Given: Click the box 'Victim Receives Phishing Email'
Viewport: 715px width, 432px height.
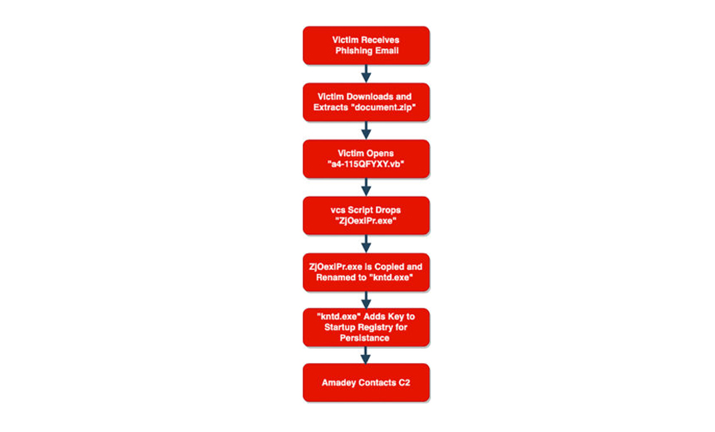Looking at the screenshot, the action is click(366, 45).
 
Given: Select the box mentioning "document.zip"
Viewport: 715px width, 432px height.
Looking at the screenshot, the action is click(366, 102).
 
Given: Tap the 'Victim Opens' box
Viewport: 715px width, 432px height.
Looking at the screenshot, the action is click(366, 159).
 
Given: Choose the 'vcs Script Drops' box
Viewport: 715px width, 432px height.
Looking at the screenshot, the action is click(366, 215).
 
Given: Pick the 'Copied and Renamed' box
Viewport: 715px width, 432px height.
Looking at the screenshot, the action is click(366, 272).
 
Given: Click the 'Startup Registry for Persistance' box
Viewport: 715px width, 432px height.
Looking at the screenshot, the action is click(366, 327).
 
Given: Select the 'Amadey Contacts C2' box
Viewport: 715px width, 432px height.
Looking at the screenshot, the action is click(366, 382).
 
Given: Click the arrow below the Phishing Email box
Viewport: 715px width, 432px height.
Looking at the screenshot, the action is click(366, 73).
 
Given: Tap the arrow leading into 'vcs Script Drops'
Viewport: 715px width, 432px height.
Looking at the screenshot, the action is click(366, 187).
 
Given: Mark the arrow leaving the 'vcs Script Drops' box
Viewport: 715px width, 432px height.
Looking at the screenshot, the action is click(366, 243).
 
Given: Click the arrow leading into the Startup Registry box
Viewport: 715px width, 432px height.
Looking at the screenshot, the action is click(366, 299).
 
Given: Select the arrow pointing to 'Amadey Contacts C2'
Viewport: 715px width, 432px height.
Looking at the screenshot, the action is click(365, 355).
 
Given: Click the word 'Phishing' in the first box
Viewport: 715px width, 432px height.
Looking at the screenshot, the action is click(353, 51).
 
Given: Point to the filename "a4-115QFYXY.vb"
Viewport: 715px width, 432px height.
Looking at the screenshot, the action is click(366, 164).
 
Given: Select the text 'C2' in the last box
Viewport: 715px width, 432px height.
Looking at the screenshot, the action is click(404, 382).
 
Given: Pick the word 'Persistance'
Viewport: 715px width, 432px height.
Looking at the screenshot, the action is click(365, 338).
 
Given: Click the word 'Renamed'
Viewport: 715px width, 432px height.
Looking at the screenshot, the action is click(335, 277).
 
